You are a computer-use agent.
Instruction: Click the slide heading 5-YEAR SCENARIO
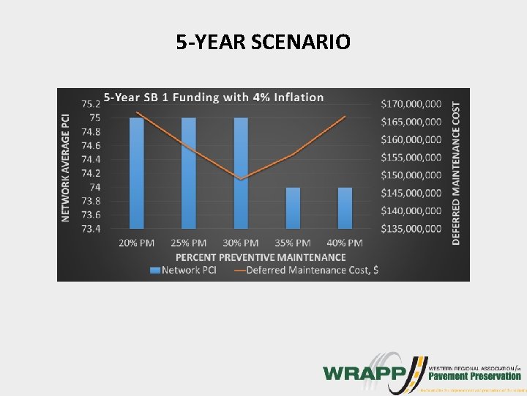click(263, 42)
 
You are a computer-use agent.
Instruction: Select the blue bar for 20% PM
click(136, 173)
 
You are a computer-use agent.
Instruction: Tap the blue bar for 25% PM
click(188, 173)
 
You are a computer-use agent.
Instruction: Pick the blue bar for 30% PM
click(240, 173)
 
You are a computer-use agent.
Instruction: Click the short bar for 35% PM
click(293, 208)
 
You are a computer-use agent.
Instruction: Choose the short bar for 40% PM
click(345, 208)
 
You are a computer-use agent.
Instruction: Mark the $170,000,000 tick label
click(411, 103)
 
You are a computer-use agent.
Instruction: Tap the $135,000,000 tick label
click(411, 229)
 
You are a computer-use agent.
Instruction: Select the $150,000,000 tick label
click(411, 175)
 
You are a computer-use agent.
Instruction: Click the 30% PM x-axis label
click(240, 243)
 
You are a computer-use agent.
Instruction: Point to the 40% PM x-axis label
click(345, 243)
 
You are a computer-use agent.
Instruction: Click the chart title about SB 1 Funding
click(213, 97)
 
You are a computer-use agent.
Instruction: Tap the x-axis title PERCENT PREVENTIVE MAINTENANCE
click(261, 257)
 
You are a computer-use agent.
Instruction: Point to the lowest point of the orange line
click(240, 179)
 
